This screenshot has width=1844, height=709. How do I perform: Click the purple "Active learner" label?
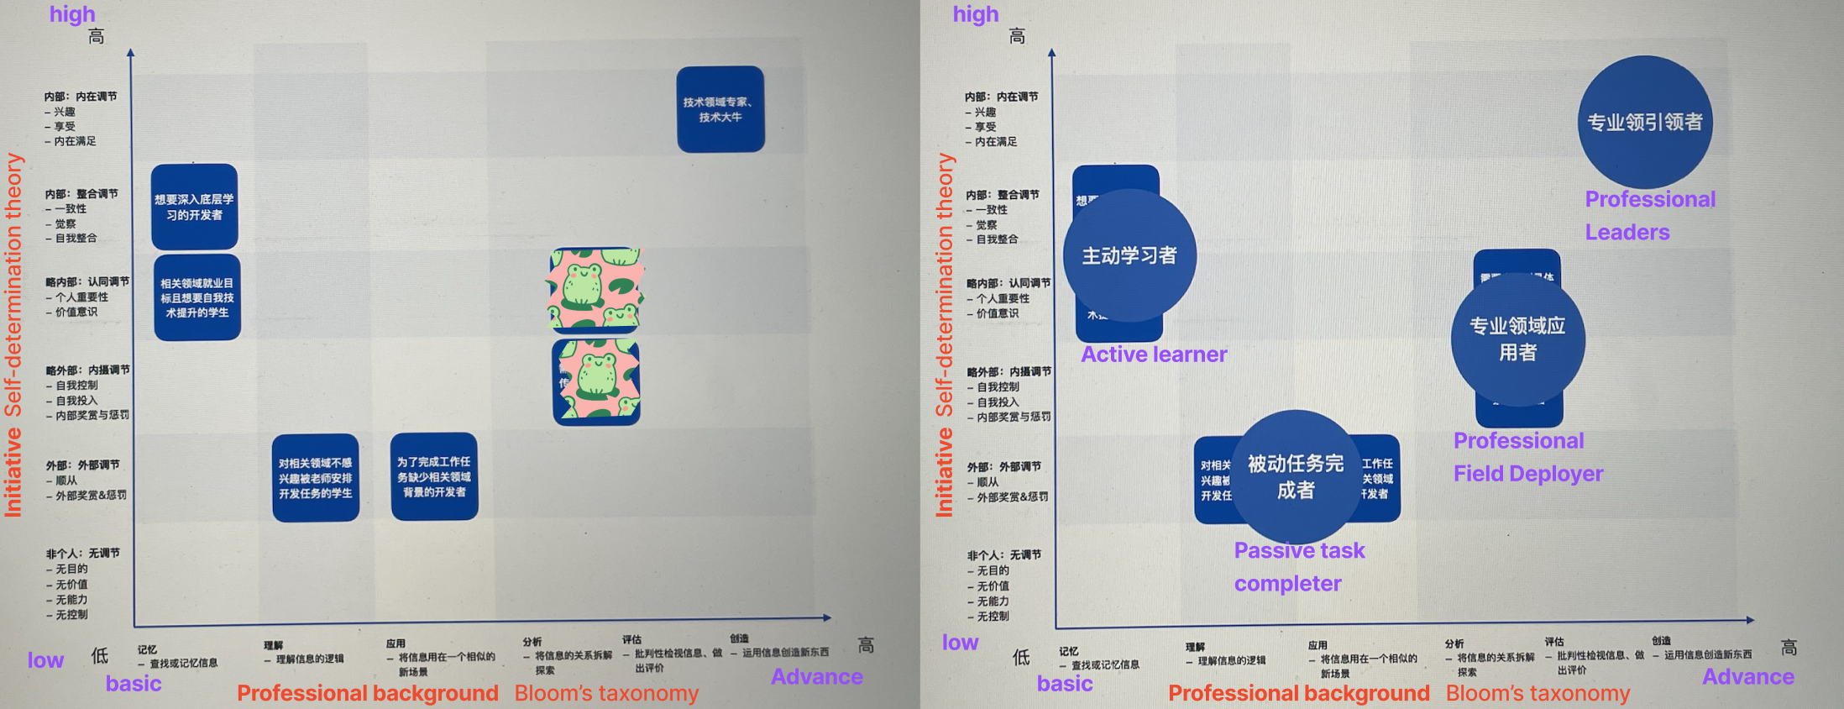coord(1153,354)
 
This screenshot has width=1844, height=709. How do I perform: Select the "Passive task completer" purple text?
coord(1298,566)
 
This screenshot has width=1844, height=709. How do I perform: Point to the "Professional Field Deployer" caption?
coord(1527,457)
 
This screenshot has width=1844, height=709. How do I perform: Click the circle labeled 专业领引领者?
coord(1644,122)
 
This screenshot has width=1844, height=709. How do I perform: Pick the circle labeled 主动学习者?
coord(1129,255)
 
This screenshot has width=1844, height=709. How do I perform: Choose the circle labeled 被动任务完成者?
coord(1295,476)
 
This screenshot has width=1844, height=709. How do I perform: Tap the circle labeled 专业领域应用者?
coord(1517,339)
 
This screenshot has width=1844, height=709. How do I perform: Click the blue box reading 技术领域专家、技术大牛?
coord(720,109)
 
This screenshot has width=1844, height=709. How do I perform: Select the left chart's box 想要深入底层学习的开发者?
coord(194,207)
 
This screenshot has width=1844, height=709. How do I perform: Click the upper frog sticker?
coord(595,289)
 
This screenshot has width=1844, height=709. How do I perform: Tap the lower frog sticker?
coord(597,381)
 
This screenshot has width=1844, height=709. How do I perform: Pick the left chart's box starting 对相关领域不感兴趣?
coord(315,478)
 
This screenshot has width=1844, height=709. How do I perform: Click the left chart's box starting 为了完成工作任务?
coord(434,476)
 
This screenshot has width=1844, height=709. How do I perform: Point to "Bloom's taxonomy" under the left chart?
coord(606,693)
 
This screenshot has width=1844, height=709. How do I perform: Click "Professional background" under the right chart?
coord(1298,693)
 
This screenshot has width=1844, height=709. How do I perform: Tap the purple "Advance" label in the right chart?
coord(1747,677)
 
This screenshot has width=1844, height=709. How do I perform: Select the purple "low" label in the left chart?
coord(45,660)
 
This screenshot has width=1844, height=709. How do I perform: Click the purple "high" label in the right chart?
coord(975,14)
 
